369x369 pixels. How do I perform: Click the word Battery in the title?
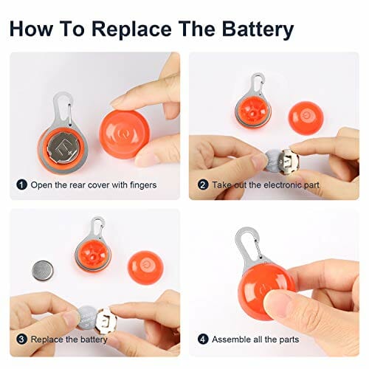(x=258, y=29)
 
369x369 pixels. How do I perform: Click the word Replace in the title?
(x=131, y=29)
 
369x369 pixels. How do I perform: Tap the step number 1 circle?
(x=21, y=184)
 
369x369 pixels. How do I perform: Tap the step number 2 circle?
(x=203, y=184)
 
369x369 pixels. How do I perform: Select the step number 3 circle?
(x=21, y=339)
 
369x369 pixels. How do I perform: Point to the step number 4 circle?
(x=203, y=339)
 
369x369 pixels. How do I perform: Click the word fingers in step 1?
(x=143, y=185)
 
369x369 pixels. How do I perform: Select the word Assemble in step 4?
(x=231, y=339)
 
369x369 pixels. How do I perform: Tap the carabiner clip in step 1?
(x=63, y=108)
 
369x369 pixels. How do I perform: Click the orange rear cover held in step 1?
(x=121, y=134)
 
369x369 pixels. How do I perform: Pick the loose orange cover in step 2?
(x=306, y=118)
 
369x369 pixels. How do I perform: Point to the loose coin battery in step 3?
(x=43, y=271)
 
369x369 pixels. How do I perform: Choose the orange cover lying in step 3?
(x=145, y=268)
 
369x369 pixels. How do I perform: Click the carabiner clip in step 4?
(x=249, y=245)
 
